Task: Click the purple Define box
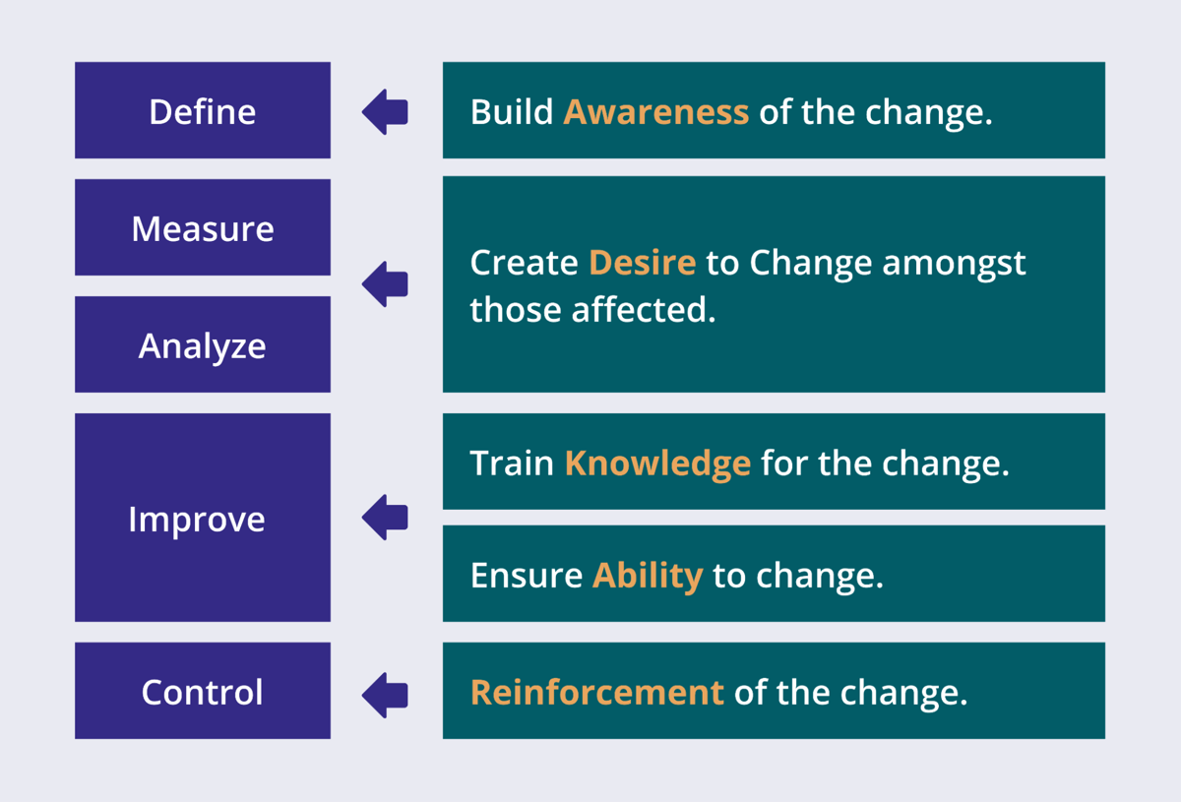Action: point(203,111)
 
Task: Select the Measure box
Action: point(203,228)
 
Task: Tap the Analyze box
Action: point(203,345)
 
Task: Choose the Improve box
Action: point(203,519)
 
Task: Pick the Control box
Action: point(203,692)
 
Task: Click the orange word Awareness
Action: point(655,112)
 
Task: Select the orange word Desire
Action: point(642,263)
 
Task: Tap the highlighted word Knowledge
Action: point(656,463)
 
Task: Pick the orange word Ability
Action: point(647,576)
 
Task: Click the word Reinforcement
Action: point(596,693)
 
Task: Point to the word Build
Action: point(511,112)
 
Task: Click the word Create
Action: point(524,263)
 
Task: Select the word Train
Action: point(512,463)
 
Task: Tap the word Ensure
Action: point(526,576)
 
